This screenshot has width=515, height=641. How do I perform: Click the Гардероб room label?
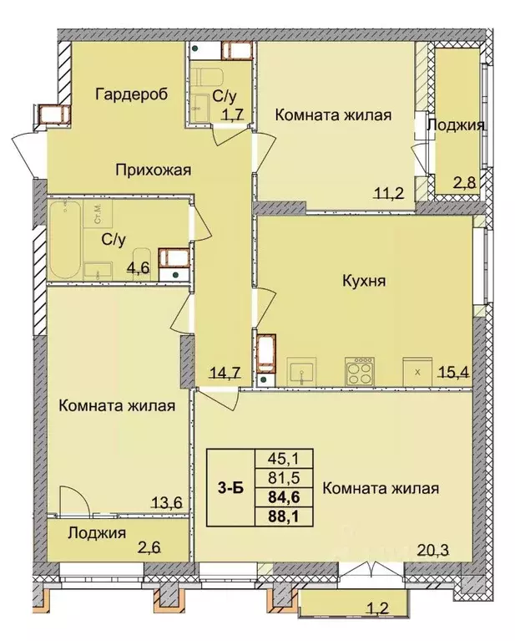(x=132, y=94)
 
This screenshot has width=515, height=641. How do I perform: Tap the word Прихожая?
(x=153, y=170)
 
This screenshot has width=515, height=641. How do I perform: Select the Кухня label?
(x=364, y=281)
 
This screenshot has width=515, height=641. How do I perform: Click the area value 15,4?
(x=454, y=372)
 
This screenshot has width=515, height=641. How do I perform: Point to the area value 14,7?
(x=226, y=372)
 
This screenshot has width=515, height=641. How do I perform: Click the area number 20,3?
(x=433, y=550)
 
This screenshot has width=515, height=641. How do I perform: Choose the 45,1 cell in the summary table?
(x=284, y=458)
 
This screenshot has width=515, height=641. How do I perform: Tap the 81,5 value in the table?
(x=284, y=477)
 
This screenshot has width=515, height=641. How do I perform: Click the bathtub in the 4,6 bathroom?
(x=65, y=240)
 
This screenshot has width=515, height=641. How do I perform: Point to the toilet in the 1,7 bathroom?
(x=208, y=78)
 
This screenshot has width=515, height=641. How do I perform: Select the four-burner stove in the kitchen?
(x=360, y=371)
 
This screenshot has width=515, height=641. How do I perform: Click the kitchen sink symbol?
(x=301, y=371)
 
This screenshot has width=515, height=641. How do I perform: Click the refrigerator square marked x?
(x=417, y=372)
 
